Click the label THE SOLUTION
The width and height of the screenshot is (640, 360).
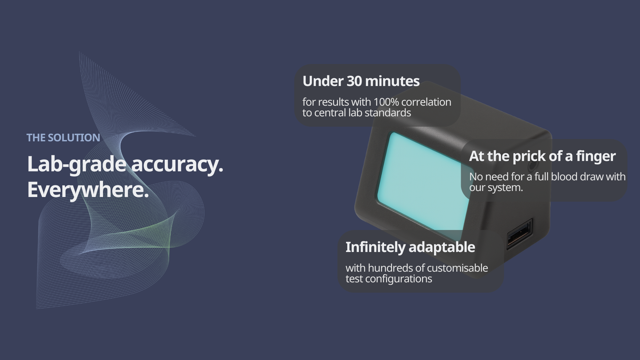[63, 138]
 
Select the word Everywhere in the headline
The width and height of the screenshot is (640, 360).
[86, 190]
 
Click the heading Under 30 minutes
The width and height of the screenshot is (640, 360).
[361, 81]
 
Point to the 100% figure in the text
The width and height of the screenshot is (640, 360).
[384, 102]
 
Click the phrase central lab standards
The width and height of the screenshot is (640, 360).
[363, 113]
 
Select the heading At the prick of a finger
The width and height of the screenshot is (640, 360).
[542, 156]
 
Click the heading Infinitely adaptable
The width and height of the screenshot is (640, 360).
[410, 247]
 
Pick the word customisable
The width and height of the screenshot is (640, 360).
[457, 268]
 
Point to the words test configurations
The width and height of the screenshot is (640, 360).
[389, 279]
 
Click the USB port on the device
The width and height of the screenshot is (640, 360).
[519, 234]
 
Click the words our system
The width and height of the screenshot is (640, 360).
[496, 187]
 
